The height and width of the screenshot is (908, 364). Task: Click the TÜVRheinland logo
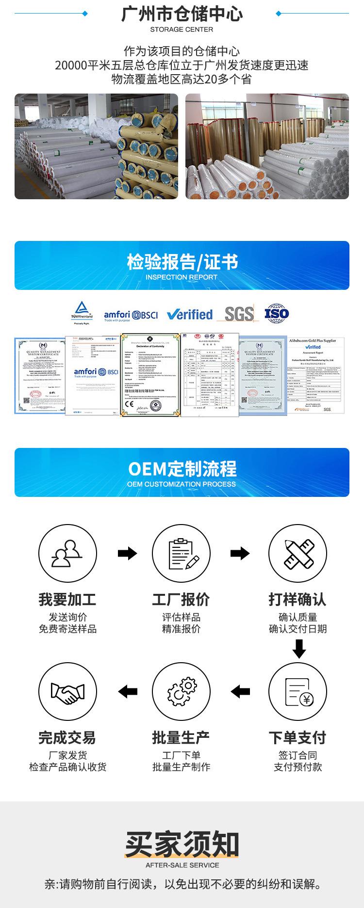pos(82,311)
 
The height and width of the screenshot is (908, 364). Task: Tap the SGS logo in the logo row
pos(239,314)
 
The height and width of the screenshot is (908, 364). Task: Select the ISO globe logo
pos(277,313)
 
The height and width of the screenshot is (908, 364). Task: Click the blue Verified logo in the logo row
pos(190,315)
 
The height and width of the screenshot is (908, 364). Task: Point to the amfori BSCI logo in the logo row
pos(131,316)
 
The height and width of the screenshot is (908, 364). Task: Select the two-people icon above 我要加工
pos(67,553)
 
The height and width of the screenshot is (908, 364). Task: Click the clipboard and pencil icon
pos(181,553)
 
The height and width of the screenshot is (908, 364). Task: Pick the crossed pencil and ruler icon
pos(298,553)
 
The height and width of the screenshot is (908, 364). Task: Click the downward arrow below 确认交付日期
pos(299,649)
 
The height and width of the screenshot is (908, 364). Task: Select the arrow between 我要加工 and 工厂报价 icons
pos(127,553)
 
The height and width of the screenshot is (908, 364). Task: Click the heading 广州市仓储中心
pos(182,14)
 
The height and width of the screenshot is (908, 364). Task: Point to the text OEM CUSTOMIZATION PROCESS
pos(182,484)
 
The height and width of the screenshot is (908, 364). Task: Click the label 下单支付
pos(298,738)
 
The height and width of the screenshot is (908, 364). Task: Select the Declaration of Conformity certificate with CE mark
pos(150,374)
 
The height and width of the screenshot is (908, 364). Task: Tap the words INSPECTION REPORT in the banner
pos(182,277)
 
